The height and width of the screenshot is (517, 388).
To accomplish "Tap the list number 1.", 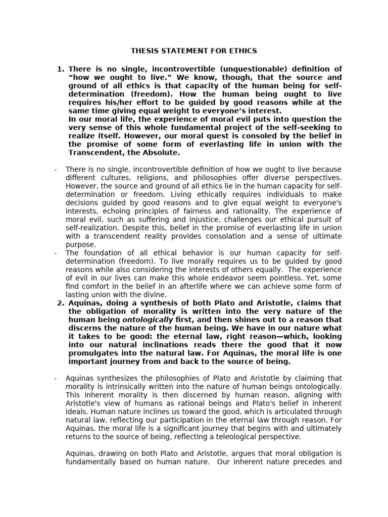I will [61, 69].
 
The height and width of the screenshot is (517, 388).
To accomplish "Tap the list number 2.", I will [61, 302].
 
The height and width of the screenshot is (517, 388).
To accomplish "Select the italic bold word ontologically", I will [148, 320].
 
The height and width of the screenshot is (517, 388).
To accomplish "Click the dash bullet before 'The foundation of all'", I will [56, 253].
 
